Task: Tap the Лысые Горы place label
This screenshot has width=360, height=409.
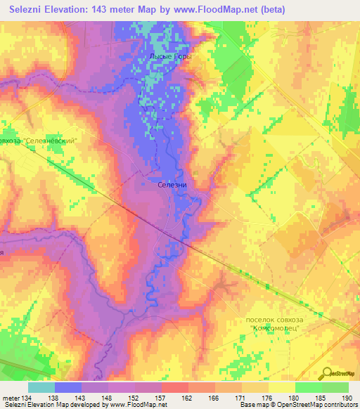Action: [x=170, y=56]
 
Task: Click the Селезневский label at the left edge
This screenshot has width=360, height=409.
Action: [x=48, y=140]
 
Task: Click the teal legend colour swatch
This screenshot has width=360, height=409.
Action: [x=41, y=387]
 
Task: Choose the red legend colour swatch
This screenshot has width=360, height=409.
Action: [x=175, y=387]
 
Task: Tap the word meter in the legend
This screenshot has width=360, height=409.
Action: [x=10, y=398]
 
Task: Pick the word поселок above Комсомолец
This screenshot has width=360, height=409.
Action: [x=262, y=319]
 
